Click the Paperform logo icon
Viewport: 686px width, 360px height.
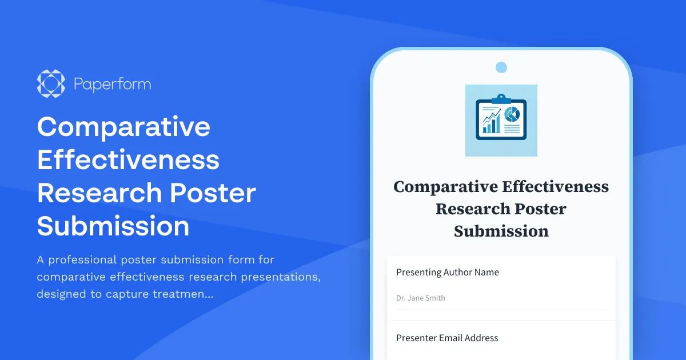[x=51, y=84]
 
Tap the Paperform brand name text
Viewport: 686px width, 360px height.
[x=112, y=85]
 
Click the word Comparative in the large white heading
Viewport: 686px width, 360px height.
[x=123, y=126]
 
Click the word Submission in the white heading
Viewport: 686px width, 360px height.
[x=113, y=226]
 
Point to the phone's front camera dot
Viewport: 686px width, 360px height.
[x=501, y=67]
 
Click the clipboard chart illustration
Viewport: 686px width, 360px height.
[x=501, y=121]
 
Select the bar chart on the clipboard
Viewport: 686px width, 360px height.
[x=491, y=123]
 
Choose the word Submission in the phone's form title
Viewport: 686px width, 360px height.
[x=501, y=231]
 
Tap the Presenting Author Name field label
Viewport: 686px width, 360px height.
[x=448, y=273]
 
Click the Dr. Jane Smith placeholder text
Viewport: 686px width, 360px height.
[x=421, y=298]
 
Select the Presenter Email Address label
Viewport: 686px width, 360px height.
[x=447, y=338]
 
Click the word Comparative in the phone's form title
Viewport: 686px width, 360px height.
[x=445, y=187]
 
